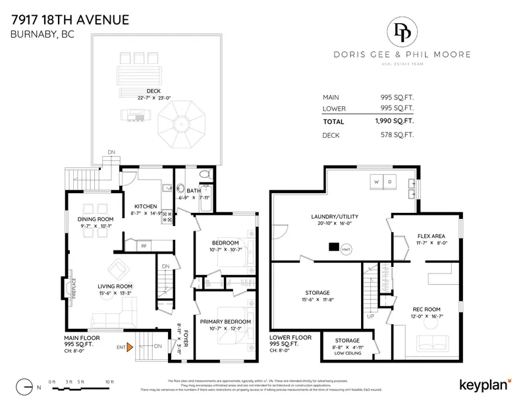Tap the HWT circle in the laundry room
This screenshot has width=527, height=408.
346,249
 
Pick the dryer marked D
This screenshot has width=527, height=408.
389,181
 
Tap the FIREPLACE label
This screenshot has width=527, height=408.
73,291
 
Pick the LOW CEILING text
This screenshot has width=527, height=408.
347,353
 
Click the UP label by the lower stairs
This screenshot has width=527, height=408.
370,316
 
